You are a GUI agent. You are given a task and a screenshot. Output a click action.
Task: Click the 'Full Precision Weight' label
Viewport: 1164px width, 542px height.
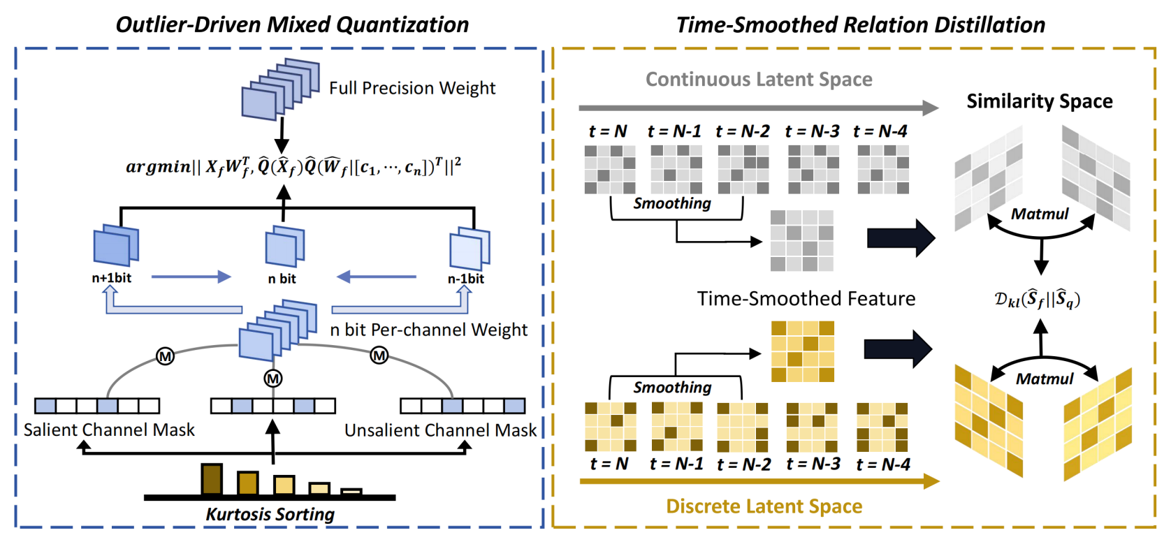(412, 88)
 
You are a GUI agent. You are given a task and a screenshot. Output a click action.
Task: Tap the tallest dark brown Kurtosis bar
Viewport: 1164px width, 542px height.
(212, 479)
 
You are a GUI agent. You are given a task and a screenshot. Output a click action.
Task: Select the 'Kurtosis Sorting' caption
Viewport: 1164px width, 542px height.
(270, 514)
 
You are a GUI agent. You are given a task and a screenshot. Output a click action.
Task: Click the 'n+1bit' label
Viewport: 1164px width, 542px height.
(111, 278)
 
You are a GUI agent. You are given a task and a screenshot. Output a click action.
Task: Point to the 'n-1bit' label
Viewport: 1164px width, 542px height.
(465, 279)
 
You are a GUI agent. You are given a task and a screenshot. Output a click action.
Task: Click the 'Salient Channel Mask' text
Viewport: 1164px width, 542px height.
(109, 430)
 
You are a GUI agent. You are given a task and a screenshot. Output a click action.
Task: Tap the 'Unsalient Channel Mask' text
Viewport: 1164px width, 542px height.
(441, 430)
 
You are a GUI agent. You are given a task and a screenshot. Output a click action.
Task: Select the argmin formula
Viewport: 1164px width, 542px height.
(293, 166)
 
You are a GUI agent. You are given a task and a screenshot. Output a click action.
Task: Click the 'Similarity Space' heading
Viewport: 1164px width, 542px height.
(1040, 101)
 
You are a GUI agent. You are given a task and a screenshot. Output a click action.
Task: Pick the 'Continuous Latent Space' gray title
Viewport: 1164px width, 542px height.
(759, 79)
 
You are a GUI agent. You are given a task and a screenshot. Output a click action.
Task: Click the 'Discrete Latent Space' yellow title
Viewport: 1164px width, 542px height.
(764, 506)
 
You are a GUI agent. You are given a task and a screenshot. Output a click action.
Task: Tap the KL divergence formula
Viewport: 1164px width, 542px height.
(1038, 300)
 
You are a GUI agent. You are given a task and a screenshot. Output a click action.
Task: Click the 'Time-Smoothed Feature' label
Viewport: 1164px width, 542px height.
(806, 299)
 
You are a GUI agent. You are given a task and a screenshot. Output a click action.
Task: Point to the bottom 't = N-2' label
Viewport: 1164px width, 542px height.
(743, 464)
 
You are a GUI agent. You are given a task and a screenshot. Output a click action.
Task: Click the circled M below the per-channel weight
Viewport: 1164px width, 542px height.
(272, 379)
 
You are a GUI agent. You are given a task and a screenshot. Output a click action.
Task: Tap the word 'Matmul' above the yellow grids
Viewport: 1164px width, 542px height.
(1045, 379)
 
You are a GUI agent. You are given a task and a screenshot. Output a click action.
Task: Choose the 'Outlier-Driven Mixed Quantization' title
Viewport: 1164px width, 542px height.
(292, 25)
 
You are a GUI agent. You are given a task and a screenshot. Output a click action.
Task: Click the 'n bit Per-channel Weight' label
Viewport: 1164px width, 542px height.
(429, 330)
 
